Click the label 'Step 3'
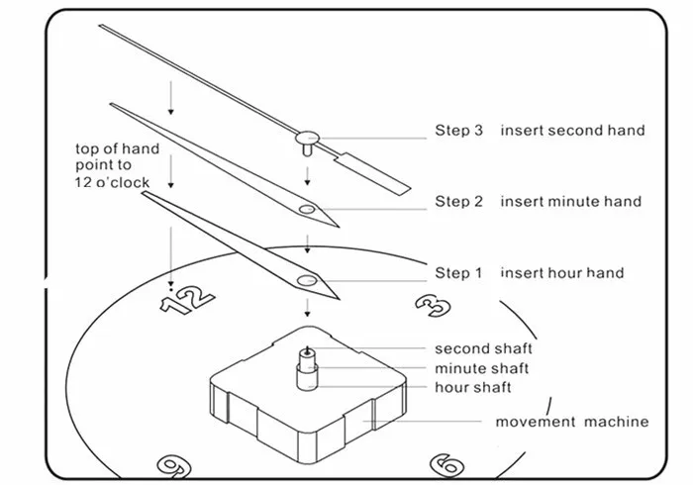458,131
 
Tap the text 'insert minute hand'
570,201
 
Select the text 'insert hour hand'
561,272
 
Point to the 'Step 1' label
458,272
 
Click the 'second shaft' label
483,348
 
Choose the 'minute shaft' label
481,368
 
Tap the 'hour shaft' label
473,387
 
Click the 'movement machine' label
572,422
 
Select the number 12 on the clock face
187,301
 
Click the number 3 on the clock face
433,305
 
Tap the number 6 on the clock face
446,465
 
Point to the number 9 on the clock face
174,466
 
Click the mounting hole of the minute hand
307,209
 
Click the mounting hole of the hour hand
307,280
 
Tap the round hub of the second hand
307,138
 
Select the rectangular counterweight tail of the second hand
372,173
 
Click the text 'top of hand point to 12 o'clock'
117,165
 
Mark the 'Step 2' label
458,201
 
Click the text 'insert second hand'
572,131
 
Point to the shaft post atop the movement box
307,369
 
